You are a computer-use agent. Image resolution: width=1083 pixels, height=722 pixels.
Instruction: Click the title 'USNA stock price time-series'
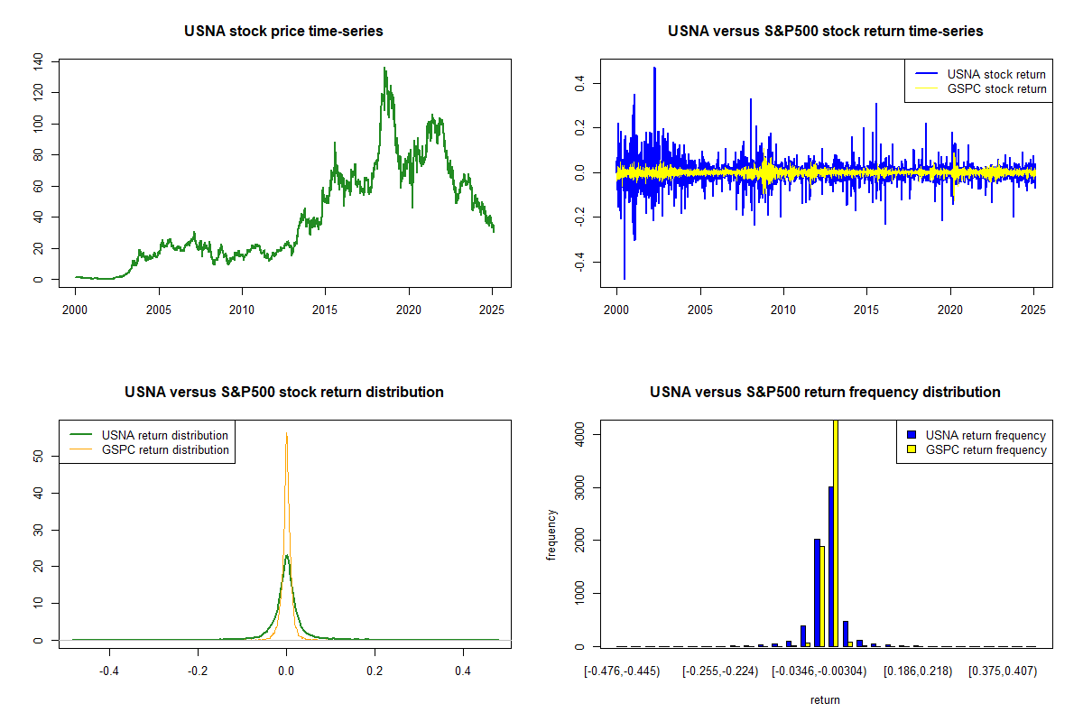(x=283, y=32)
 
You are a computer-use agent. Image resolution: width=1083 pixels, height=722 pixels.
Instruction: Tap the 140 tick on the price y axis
(x=38, y=61)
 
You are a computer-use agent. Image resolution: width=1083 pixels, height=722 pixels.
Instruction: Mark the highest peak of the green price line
(x=384, y=68)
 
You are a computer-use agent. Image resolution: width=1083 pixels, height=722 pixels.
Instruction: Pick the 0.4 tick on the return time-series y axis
(x=579, y=83)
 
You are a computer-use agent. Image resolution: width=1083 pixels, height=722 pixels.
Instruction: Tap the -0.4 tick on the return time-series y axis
(x=579, y=261)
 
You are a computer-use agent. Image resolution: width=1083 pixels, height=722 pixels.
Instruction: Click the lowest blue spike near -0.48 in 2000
(x=625, y=278)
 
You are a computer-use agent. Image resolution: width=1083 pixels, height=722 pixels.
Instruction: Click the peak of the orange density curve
(x=287, y=433)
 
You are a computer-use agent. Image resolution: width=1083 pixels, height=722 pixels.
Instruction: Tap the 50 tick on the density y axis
(x=38, y=457)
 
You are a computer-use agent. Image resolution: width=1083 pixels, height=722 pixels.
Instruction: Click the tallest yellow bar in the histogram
(x=835, y=532)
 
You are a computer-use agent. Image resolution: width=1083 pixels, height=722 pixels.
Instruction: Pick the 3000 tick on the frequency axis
(x=579, y=488)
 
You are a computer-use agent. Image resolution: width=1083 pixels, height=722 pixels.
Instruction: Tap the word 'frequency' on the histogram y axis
(x=552, y=534)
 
